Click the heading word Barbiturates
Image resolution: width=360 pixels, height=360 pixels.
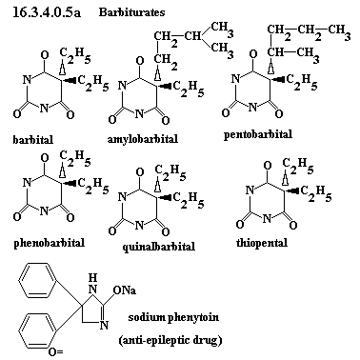click(x=131, y=12)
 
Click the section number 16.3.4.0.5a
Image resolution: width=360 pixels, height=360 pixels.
click(x=47, y=11)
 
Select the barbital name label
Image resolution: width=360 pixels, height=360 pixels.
click(x=33, y=139)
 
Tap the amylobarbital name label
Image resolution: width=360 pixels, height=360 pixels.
click(x=143, y=139)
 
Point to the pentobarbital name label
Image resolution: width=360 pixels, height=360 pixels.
click(x=258, y=134)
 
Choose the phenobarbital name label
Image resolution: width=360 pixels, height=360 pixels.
click(x=50, y=243)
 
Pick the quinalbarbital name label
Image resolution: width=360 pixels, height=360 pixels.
click(x=159, y=247)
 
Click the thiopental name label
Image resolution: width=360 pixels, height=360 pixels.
click(x=262, y=243)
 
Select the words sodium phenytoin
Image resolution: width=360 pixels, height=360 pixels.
click(x=173, y=317)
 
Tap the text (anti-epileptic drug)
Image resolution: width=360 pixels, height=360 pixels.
click(x=170, y=340)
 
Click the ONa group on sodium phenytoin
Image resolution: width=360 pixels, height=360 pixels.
click(x=125, y=290)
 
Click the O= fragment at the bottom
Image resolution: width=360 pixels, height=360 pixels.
click(x=56, y=351)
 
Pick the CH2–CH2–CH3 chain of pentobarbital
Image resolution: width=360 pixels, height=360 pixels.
click(x=309, y=32)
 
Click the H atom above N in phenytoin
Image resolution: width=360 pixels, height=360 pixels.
click(x=92, y=278)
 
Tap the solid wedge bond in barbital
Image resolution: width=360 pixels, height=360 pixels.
click(x=69, y=79)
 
